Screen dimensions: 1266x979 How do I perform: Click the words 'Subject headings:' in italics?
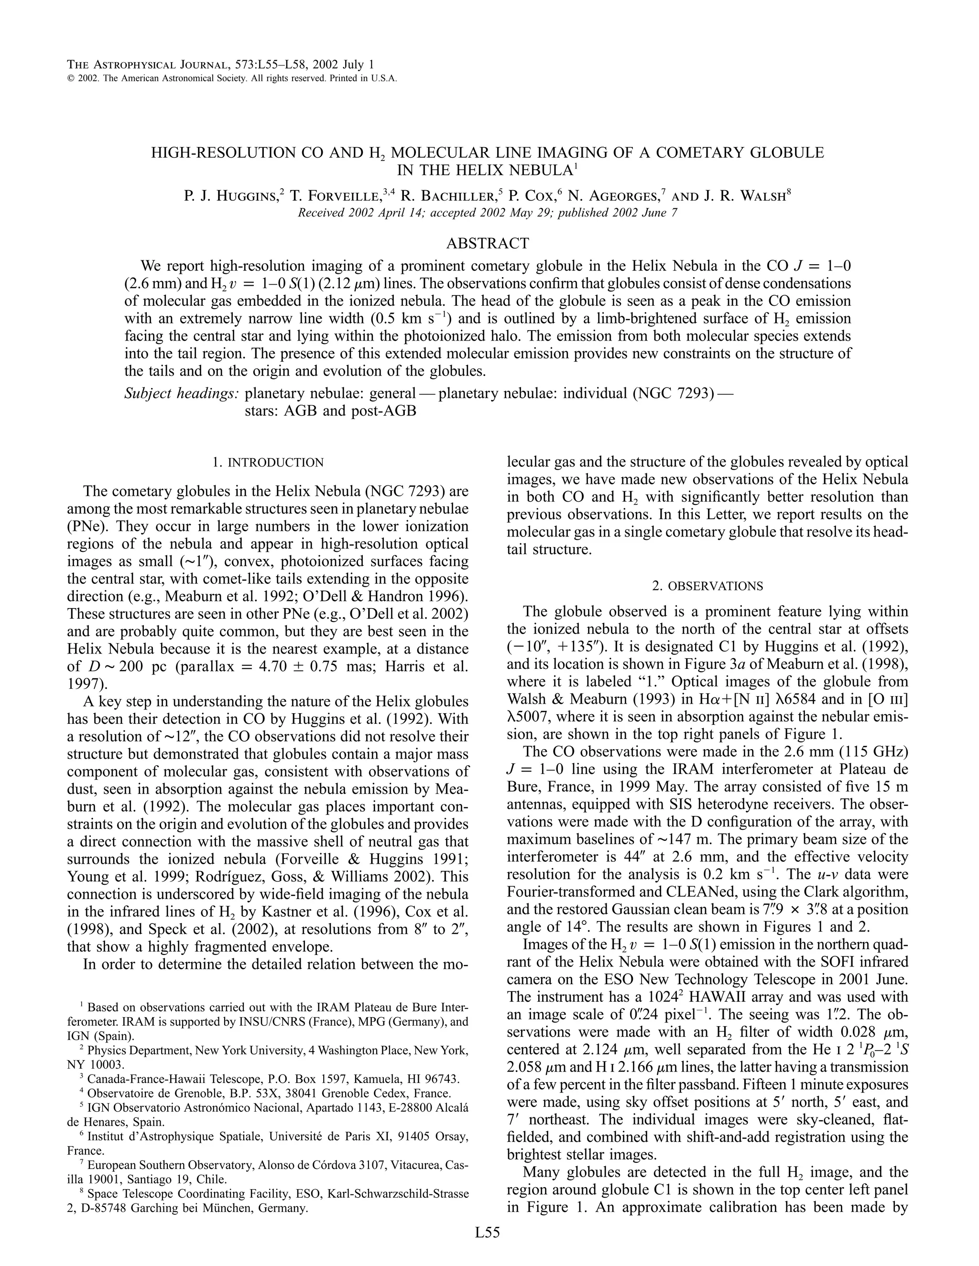[x=182, y=394]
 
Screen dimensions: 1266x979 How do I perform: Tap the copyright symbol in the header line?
[x=71, y=79]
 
